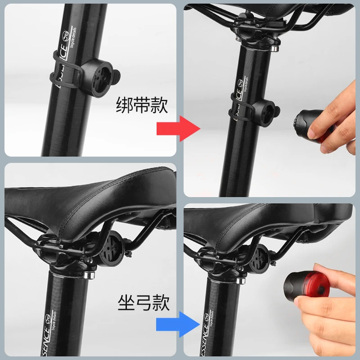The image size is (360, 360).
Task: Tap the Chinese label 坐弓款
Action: tap(144, 302)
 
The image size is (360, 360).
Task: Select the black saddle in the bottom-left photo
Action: tap(90, 193)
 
